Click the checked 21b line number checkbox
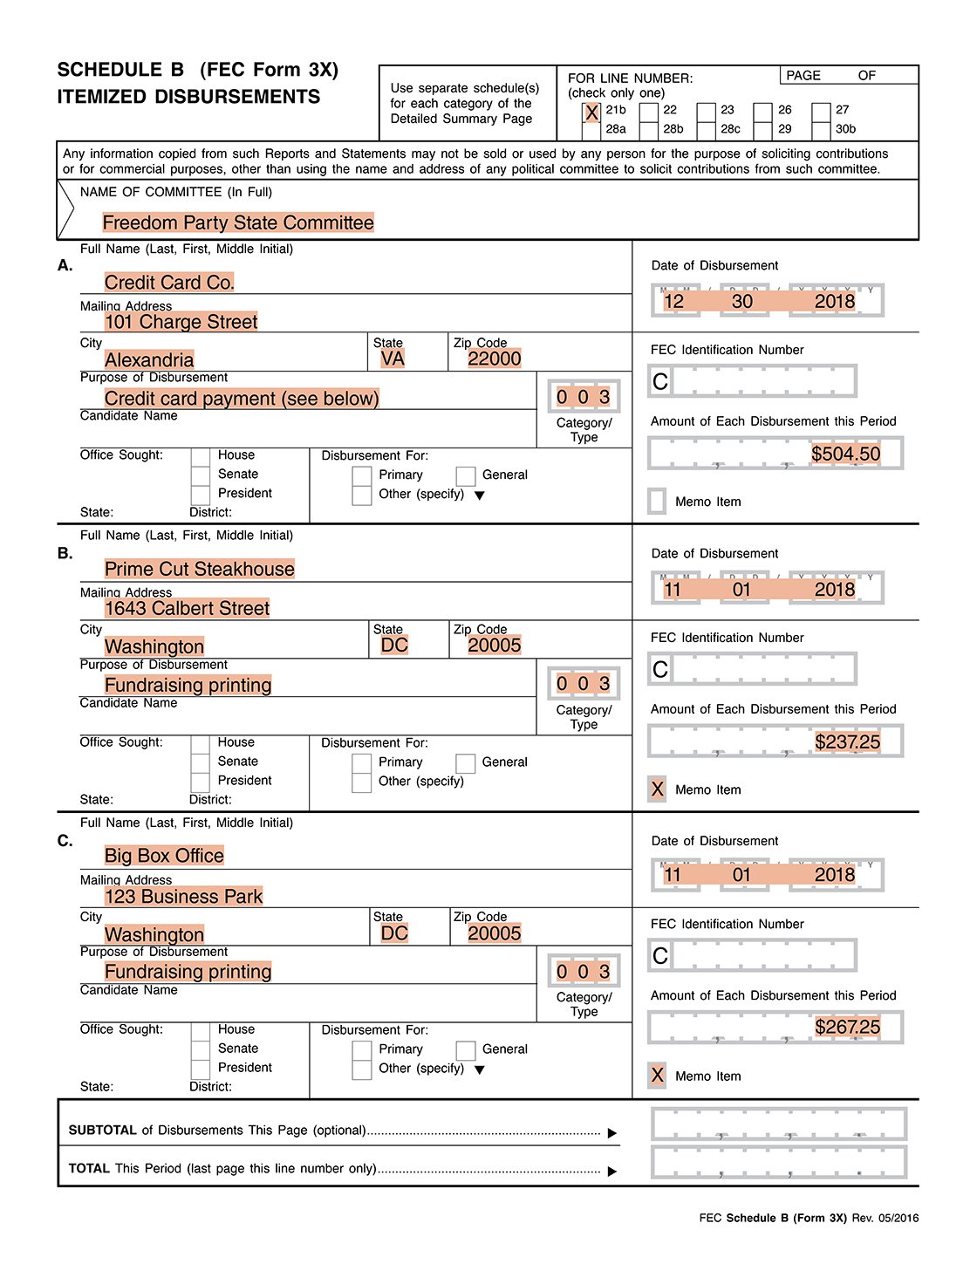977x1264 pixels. point(591,113)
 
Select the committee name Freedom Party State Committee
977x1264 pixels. point(238,223)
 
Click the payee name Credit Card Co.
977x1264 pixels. point(169,283)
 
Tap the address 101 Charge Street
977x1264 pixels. point(181,322)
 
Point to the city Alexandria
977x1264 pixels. point(149,360)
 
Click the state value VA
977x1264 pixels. point(393,359)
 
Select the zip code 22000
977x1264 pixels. point(494,359)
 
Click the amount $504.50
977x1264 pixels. point(845,454)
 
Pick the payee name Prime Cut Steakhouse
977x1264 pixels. point(199,570)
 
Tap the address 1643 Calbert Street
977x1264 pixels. point(187,608)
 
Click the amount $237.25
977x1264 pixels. point(847,741)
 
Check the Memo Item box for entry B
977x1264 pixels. point(658,789)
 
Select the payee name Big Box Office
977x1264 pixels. point(164,856)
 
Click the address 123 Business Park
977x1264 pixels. point(183,896)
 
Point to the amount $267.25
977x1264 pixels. point(847,1027)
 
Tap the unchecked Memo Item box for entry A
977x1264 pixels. point(658,502)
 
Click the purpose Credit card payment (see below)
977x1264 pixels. point(242,399)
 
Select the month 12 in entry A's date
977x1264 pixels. point(673,302)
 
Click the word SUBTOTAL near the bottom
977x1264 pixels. point(103,1131)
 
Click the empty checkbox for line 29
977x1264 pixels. point(763,130)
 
